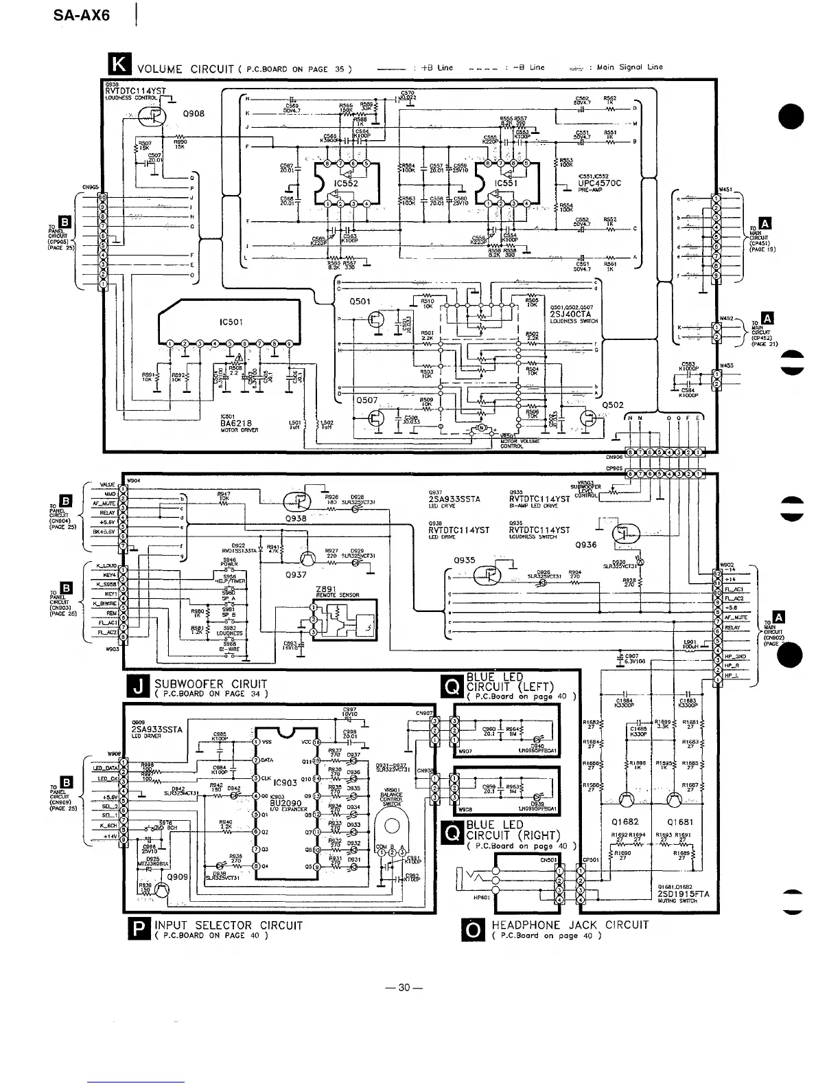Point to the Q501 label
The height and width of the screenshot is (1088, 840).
pyautogui.click(x=360, y=302)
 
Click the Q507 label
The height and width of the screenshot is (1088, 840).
pyautogui.click(x=367, y=400)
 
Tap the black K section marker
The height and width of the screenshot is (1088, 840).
pyautogui.click(x=118, y=65)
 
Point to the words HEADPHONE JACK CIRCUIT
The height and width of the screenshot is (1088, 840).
pyautogui.click(x=570, y=925)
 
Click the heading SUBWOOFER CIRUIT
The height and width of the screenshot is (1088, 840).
pyautogui.click(x=211, y=683)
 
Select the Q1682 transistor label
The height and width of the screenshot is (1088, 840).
pyautogui.click(x=625, y=821)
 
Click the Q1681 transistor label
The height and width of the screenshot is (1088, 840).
pyautogui.click(x=680, y=821)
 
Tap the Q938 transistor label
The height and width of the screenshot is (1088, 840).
pyautogui.click(x=293, y=519)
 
